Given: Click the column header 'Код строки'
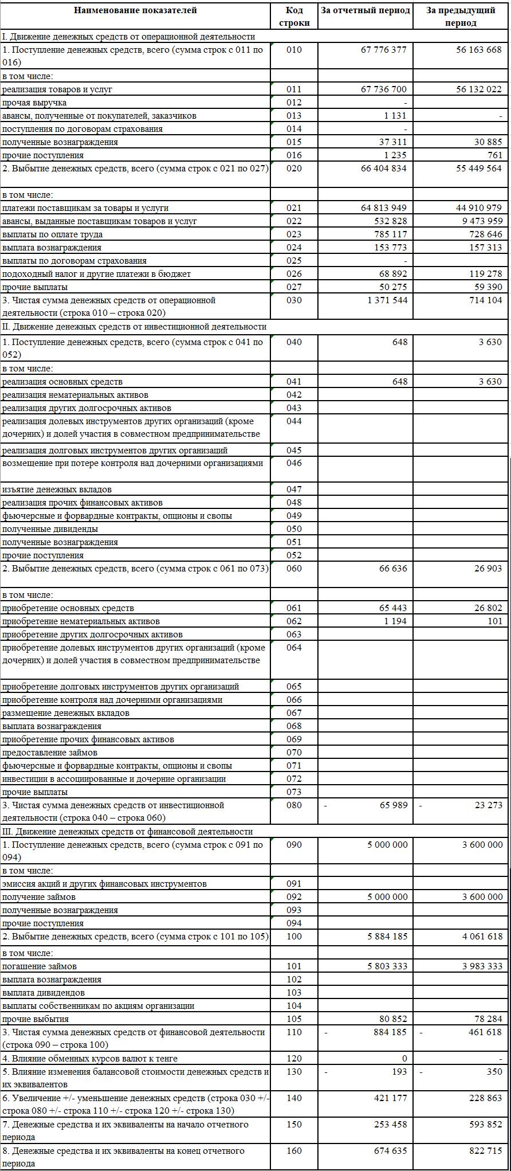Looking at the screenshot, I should (x=294, y=17).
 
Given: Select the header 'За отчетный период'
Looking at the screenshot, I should (x=365, y=10).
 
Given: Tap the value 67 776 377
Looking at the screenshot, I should (x=384, y=50).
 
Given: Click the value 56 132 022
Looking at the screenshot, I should (x=479, y=89).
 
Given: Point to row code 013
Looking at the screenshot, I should (x=294, y=116).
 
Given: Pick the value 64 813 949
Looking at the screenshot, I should (x=384, y=208).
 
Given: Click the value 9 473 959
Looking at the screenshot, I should (x=479, y=221).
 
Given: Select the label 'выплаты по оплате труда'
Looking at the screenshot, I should (x=53, y=234).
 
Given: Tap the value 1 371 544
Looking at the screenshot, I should (x=387, y=300).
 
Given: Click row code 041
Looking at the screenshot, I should (x=294, y=382).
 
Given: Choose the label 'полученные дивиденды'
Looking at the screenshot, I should (x=50, y=529).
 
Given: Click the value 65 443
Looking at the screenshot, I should (x=394, y=608).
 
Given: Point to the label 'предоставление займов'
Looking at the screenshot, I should (x=50, y=753).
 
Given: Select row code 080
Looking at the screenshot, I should (x=294, y=805).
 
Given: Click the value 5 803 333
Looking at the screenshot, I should (x=384, y=966).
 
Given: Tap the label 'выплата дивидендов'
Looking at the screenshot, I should (x=44, y=993).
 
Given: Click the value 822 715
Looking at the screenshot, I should (x=484, y=1135).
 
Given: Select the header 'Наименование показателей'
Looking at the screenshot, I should (x=135, y=10).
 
